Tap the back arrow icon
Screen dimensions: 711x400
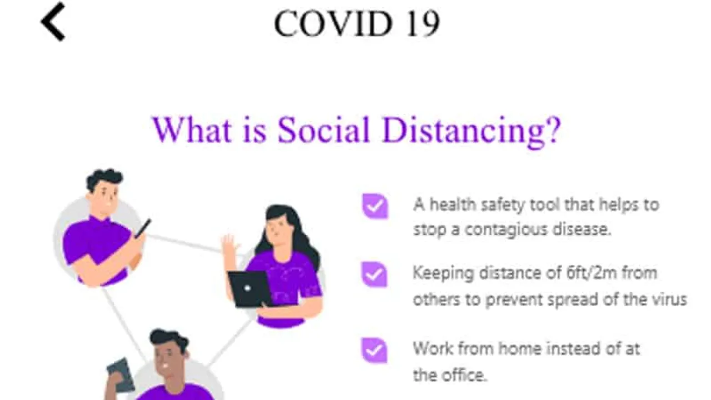pos(53,22)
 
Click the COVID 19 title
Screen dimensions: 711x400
pos(357,23)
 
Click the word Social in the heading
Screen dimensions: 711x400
pos(324,130)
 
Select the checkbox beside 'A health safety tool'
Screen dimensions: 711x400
pos(375,206)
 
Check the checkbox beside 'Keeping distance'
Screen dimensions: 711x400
pos(374,274)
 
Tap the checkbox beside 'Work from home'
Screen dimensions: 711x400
pos(374,350)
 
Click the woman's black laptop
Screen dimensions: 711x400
pos(250,289)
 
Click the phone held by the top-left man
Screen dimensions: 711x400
pos(143,228)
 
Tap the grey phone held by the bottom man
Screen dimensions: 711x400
pos(121,375)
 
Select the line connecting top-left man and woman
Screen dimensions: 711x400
pos(183,244)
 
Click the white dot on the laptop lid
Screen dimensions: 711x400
pos(248,288)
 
